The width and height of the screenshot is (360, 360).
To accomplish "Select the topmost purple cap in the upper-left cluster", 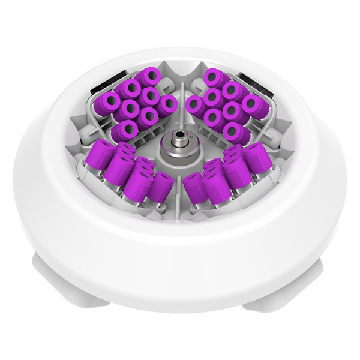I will pyautogui.click(x=150, y=77).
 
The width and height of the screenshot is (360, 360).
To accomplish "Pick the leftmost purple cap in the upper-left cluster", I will pyautogui.click(x=108, y=103).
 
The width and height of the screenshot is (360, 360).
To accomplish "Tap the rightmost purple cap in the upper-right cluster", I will pyautogui.click(x=256, y=107).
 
